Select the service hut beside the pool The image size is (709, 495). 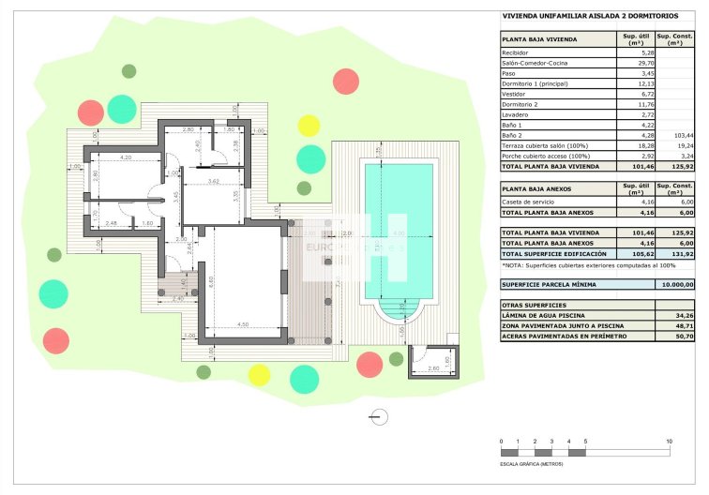click(432, 360)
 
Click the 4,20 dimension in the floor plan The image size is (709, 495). click(126, 158)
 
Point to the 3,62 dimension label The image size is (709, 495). click(213, 180)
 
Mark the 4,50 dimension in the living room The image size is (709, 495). click(243, 325)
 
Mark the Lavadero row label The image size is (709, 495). click(518, 115)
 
